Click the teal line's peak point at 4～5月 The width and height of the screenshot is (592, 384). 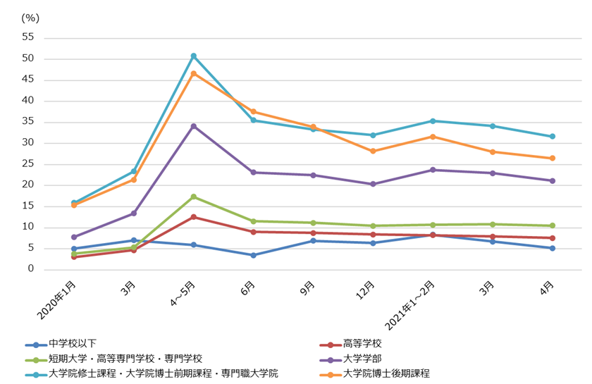click(x=194, y=56)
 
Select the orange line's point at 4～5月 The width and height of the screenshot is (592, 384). click(x=194, y=73)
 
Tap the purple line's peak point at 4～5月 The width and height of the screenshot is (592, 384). click(x=194, y=126)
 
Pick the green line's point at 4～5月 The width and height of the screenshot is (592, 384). click(x=194, y=197)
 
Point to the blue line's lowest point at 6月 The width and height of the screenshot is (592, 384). click(x=254, y=255)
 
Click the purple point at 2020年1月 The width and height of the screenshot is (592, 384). click(x=74, y=237)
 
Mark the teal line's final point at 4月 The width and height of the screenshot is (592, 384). click(x=553, y=136)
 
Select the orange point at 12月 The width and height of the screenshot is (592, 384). click(x=373, y=151)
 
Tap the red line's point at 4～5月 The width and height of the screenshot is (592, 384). click(x=194, y=217)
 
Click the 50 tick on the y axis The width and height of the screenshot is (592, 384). click(x=30, y=58)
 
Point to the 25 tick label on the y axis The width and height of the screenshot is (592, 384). click(x=30, y=164)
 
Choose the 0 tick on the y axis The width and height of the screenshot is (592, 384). click(x=32, y=269)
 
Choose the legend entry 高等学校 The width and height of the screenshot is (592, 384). click(x=362, y=345)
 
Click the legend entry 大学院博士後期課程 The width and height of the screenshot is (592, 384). click(x=386, y=373)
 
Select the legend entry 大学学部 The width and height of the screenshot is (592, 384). click(x=362, y=359)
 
